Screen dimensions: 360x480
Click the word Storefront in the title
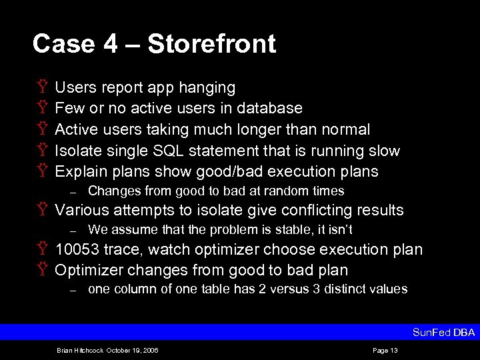[211, 44]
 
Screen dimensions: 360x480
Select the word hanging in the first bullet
[207, 88]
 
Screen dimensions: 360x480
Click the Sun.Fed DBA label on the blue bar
[443, 333]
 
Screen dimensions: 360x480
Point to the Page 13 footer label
[385, 350]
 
